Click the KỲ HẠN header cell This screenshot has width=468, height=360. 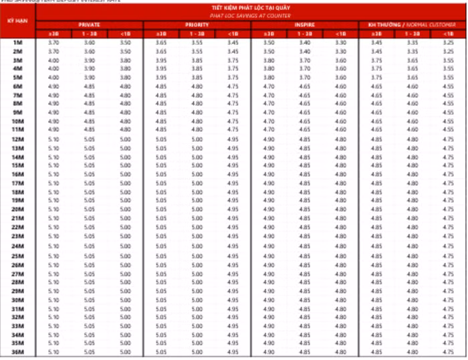[18, 21]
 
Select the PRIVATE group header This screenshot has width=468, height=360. [89, 24]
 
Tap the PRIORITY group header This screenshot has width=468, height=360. [197, 24]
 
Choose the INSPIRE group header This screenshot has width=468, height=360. [305, 24]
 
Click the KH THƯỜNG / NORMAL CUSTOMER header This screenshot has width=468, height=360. [413, 24]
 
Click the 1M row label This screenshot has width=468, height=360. [18, 42]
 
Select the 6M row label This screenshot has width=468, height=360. [18, 86]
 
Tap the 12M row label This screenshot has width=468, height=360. [18, 139]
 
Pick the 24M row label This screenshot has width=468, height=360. [18, 246]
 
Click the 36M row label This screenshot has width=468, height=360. [18, 352]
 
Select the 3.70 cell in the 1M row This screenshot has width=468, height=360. [53, 42]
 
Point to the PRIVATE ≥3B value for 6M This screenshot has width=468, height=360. [53, 86]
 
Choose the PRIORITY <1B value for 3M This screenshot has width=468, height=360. [233, 60]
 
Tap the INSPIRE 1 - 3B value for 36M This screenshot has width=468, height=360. [305, 352]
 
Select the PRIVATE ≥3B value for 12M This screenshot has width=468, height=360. [53, 139]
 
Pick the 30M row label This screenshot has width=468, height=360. [18, 299]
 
